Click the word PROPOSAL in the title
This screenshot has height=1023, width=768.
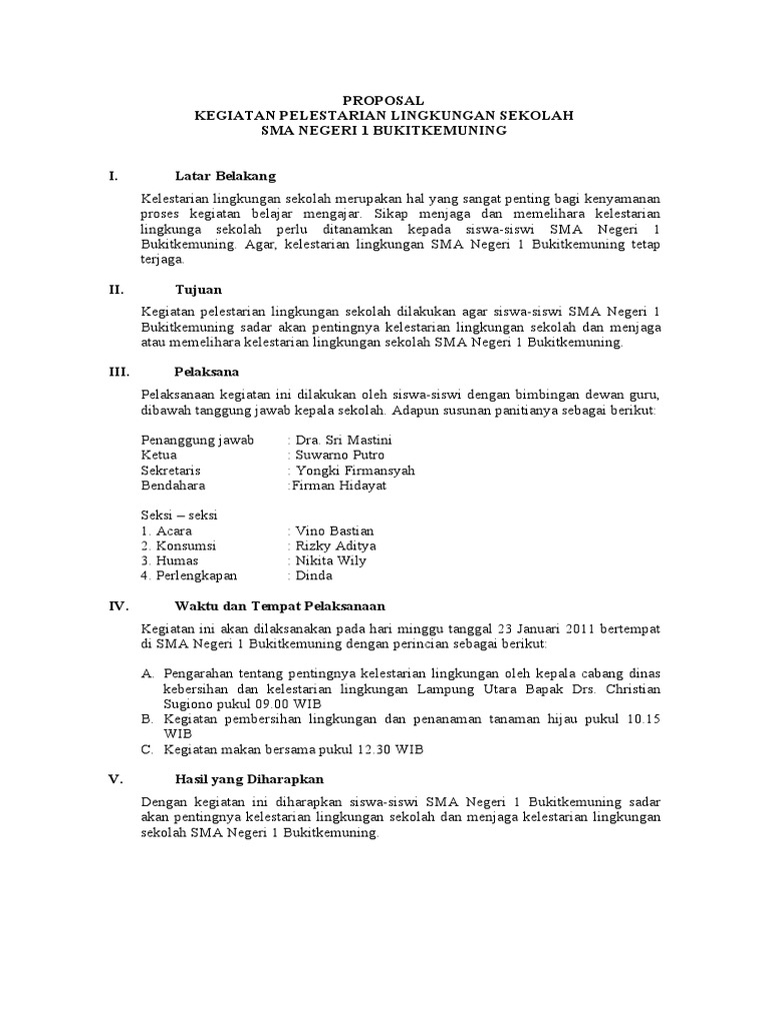tap(383, 100)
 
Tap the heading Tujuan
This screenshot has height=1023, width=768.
tap(198, 290)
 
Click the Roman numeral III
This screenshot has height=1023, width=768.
tap(119, 371)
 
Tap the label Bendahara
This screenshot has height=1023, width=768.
tap(173, 486)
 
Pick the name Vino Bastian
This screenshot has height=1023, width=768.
tap(334, 530)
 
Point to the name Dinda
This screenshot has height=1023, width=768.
tap(312, 575)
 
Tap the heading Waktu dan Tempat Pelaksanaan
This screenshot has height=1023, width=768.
tap(280, 605)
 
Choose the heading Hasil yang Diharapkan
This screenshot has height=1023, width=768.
tap(249, 778)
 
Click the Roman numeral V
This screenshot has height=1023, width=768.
tap(115, 778)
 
